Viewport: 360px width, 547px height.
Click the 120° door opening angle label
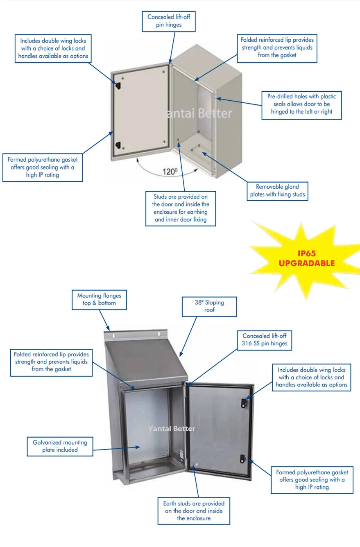point(170,171)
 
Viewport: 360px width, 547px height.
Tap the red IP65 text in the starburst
point(306,253)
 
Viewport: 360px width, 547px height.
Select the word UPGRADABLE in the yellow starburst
point(306,263)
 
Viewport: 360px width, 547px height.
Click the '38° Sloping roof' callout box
point(209,306)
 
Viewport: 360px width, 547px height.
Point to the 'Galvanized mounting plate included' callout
point(60,446)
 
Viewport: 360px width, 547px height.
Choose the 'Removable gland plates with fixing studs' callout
point(277,190)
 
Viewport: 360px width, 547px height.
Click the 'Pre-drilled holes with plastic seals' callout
point(301,104)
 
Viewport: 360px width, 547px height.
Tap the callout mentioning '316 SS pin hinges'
point(264,339)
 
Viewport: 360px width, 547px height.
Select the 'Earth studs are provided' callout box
point(194,510)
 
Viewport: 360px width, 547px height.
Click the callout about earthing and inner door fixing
point(180,208)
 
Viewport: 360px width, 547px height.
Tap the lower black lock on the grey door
point(118,145)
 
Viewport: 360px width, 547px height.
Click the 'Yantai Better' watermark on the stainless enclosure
point(172,429)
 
